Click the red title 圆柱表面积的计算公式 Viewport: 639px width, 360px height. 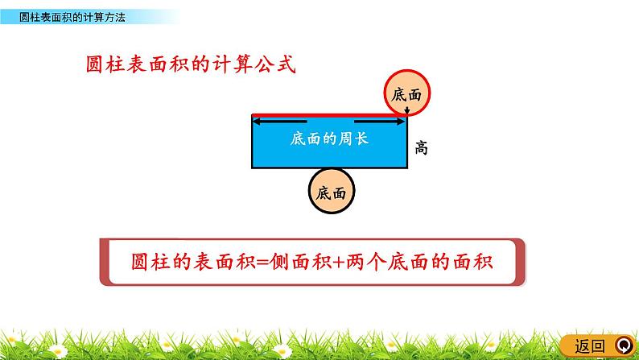[x=191, y=65]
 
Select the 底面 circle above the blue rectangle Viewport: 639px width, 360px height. [x=407, y=93]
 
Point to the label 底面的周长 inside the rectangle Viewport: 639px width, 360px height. [x=329, y=139]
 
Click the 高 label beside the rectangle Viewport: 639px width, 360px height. [x=421, y=147]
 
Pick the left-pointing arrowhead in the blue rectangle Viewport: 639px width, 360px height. [x=260, y=122]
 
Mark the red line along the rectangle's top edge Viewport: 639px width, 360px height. [x=329, y=115]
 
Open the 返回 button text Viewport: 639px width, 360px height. [x=589, y=346]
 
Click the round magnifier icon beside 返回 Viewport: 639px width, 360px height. [x=623, y=346]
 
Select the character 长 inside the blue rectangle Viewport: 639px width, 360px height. [x=361, y=139]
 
